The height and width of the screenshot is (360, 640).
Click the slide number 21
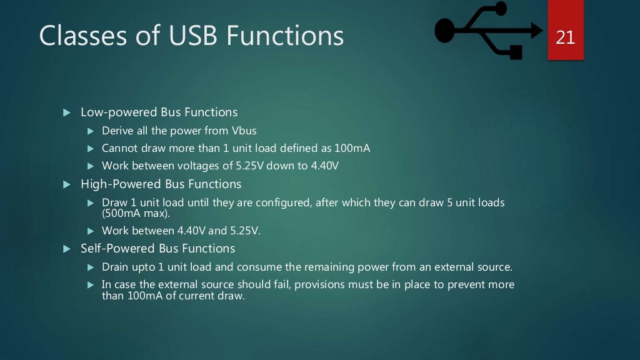pyautogui.click(x=565, y=37)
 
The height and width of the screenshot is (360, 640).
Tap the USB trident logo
pyautogui.click(x=488, y=30)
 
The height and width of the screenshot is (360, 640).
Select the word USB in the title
pyautogui.click(x=194, y=36)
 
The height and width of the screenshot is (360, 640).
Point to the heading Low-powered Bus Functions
pyautogui.click(x=159, y=112)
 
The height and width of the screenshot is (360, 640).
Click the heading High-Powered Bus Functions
pyautogui.click(x=161, y=184)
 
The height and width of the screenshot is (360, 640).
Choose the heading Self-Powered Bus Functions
pyautogui.click(x=157, y=249)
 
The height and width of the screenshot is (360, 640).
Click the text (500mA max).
pyautogui.click(x=136, y=212)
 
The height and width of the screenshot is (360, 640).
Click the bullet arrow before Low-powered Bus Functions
pyautogui.click(x=67, y=113)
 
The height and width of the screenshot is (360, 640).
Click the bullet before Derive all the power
pyautogui.click(x=89, y=131)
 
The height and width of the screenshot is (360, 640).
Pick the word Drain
pyautogui.click(x=115, y=267)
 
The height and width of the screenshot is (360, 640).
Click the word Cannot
pyautogui.click(x=119, y=149)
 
